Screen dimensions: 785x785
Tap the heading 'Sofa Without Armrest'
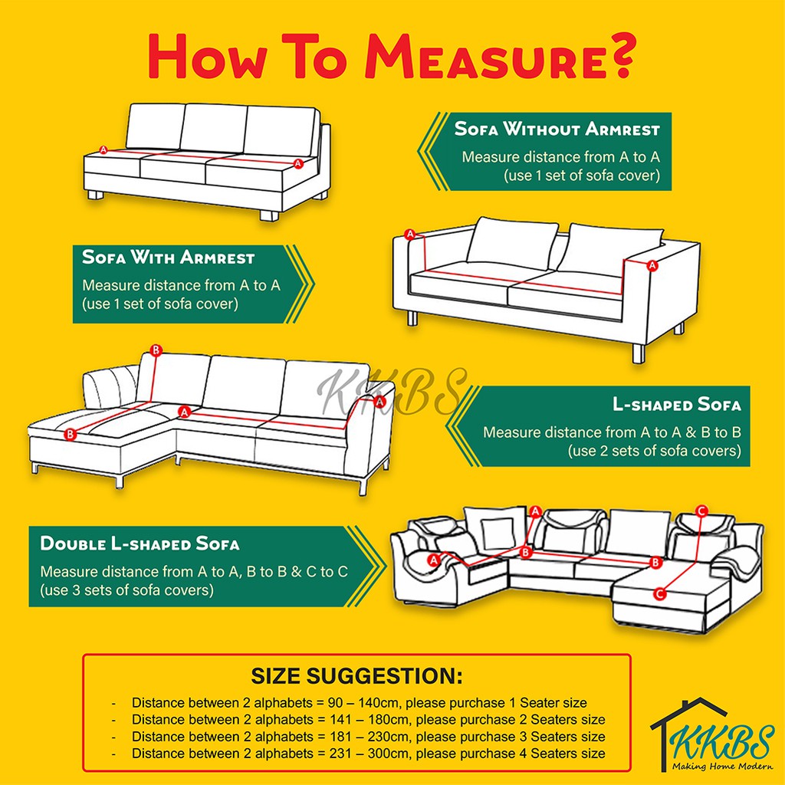point(557,128)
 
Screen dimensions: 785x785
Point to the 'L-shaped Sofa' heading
point(676,404)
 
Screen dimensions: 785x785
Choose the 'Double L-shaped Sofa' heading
point(140,544)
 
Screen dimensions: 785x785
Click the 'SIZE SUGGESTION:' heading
point(356,676)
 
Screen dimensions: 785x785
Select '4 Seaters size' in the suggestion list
point(561,754)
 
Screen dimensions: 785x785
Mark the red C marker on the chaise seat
point(660,593)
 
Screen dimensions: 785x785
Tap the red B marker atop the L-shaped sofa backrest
point(156,350)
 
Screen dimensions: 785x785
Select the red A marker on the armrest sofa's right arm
point(652,265)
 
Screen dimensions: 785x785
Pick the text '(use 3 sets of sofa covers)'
point(126,591)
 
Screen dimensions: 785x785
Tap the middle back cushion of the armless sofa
point(214,128)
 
